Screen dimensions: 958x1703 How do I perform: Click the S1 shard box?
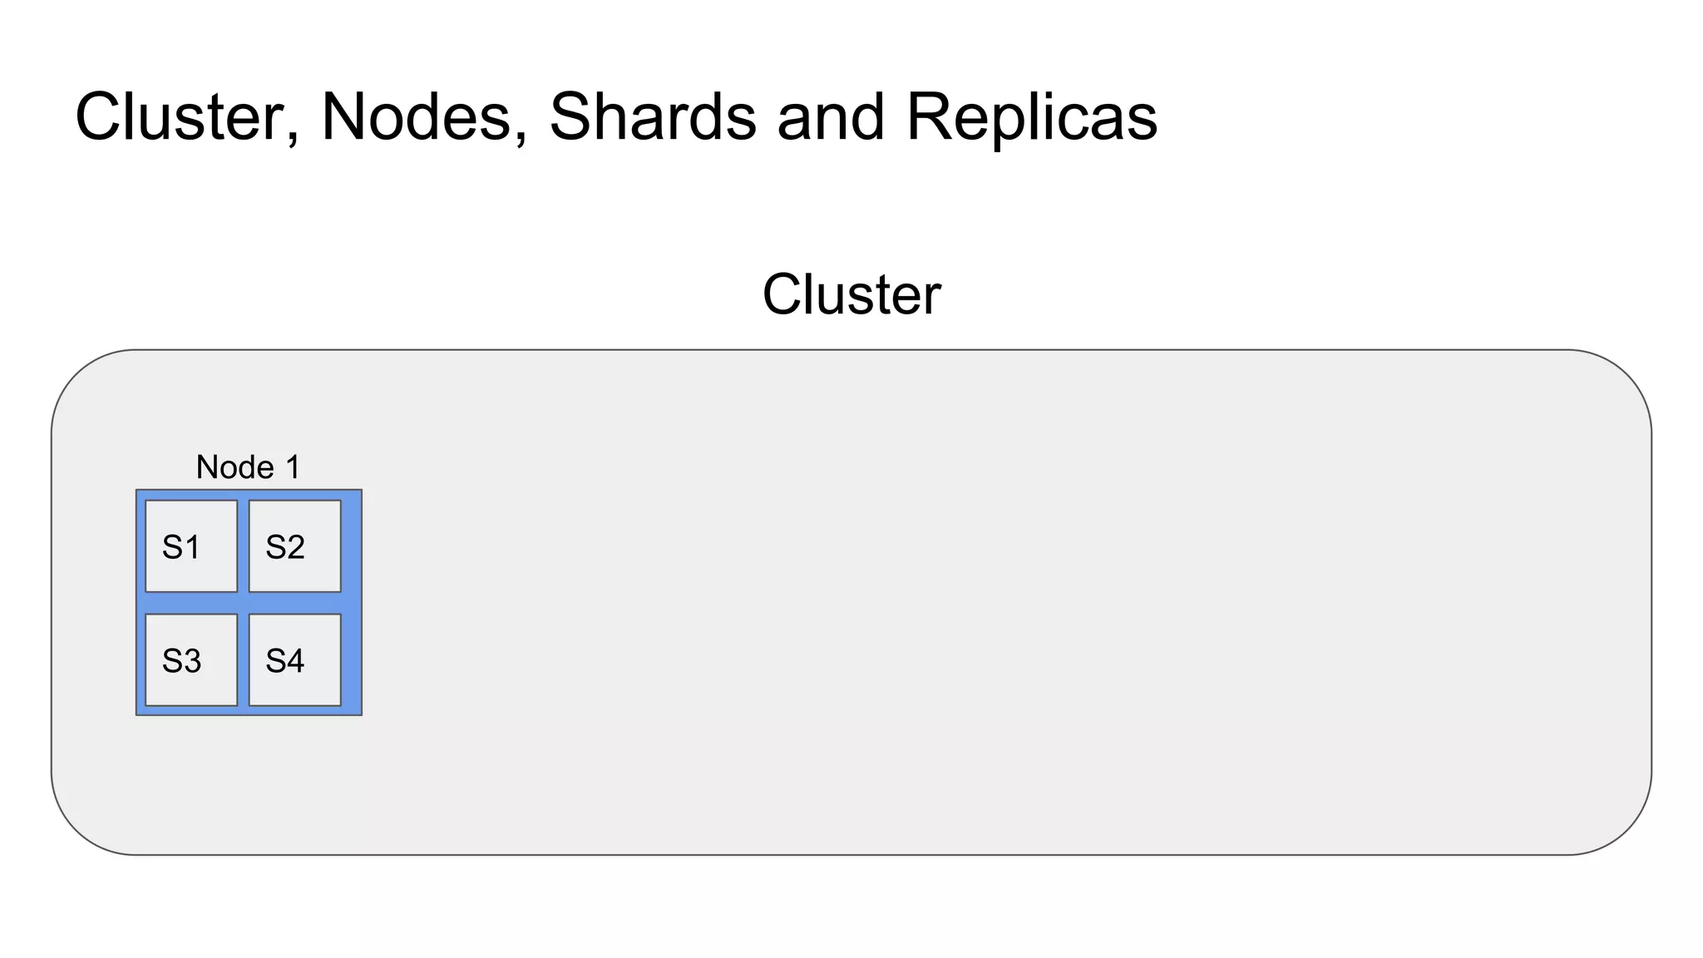(191, 546)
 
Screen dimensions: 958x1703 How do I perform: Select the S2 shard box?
(295, 546)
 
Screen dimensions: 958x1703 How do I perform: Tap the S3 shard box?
(191, 659)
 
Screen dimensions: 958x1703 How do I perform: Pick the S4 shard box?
(295, 659)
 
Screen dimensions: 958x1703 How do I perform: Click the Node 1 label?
(248, 467)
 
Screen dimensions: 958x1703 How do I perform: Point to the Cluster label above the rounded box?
(851, 294)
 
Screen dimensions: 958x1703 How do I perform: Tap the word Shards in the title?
(653, 116)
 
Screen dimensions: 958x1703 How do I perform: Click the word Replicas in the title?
(1031, 116)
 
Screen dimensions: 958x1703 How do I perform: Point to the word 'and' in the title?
(831, 116)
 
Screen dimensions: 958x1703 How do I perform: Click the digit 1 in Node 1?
(293, 467)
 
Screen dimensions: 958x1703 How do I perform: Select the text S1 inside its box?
(180, 547)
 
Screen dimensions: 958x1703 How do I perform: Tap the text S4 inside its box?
(284, 661)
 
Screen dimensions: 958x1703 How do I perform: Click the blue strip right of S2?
(351, 546)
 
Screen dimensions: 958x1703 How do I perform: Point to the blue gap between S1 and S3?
(191, 603)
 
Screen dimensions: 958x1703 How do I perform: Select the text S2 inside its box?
(284, 547)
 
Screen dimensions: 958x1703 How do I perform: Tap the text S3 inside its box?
(181, 661)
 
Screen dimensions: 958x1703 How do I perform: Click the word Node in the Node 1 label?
(234, 467)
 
